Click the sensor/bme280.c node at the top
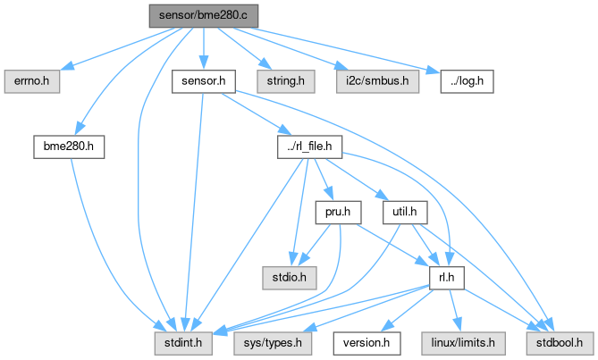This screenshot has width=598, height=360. [204, 16]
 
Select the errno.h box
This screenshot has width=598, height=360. [32, 81]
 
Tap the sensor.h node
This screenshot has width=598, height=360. [203, 81]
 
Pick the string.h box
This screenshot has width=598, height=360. [282, 81]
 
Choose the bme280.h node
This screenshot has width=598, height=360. [70, 147]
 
